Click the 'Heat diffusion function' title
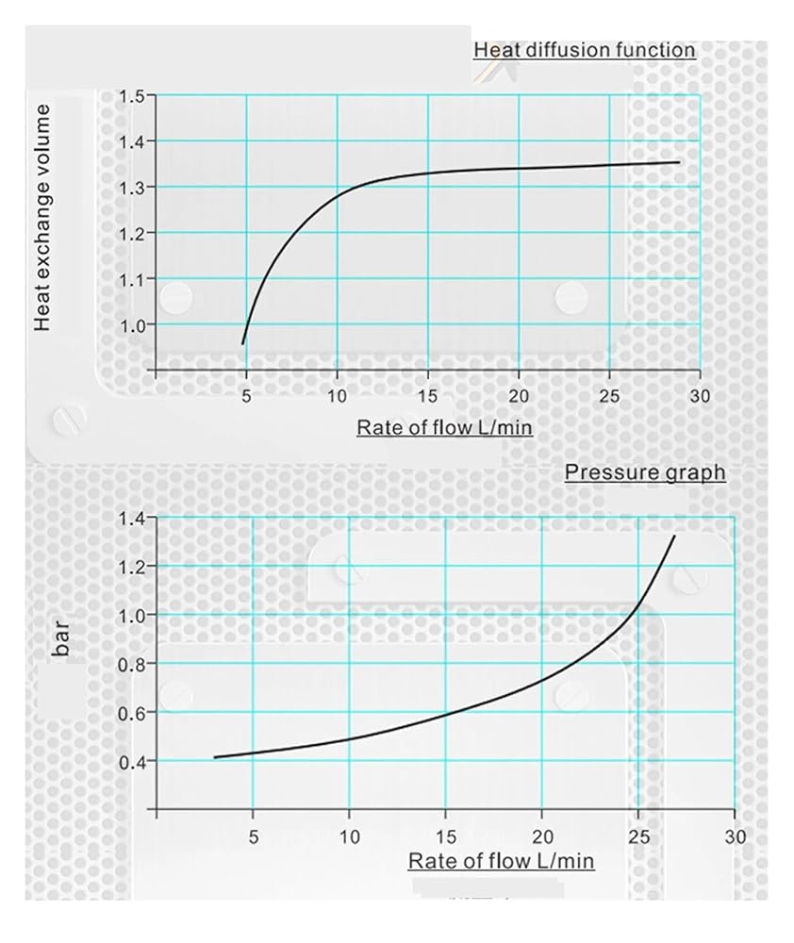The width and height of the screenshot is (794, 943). [585, 49]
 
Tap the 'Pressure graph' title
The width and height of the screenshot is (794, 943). [645, 472]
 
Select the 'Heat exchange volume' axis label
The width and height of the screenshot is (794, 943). [41, 217]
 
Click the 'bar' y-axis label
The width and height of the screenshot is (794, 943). [61, 638]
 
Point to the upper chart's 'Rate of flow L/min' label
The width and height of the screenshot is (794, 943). [444, 427]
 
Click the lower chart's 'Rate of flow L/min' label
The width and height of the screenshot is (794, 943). [501, 861]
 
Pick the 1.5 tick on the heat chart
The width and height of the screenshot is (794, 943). [132, 96]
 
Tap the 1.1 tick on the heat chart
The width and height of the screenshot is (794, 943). [132, 279]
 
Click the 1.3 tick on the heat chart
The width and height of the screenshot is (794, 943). [132, 188]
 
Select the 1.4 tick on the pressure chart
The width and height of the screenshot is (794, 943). [132, 518]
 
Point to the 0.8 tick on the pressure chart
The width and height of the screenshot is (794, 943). [132, 665]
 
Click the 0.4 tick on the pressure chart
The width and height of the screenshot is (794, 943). [132, 763]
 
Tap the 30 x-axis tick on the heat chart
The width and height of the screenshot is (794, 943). [700, 396]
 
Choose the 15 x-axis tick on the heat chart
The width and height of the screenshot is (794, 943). [428, 396]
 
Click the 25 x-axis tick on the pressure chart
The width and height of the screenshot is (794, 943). [638, 836]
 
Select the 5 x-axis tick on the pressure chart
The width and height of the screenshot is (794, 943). [254, 836]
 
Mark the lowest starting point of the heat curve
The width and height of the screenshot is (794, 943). [242, 344]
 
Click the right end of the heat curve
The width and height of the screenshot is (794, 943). [680, 162]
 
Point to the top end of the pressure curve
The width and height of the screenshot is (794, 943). [674, 536]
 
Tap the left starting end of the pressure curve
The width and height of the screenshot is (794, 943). [215, 757]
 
